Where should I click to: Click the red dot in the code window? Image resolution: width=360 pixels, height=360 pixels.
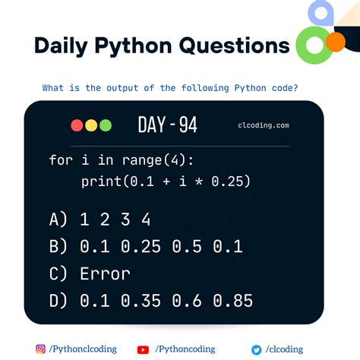pyautogui.click(x=77, y=125)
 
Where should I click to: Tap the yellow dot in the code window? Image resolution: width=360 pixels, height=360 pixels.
pyautogui.click(x=91, y=125)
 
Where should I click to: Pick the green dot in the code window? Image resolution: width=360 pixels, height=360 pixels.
pyautogui.click(x=105, y=125)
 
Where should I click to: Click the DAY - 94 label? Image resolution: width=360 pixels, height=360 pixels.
pyautogui.click(x=167, y=125)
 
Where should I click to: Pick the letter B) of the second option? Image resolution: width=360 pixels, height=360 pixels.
pyautogui.click(x=59, y=247)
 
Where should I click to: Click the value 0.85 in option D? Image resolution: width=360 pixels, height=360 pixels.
pyautogui.click(x=233, y=301)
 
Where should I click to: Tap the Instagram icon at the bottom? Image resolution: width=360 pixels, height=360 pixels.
pyautogui.click(x=40, y=349)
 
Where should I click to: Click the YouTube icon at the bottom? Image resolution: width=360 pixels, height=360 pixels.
pyautogui.click(x=143, y=349)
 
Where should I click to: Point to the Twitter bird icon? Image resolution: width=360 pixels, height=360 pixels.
pyautogui.click(x=257, y=349)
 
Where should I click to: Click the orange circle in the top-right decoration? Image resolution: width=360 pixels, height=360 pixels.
pyautogui.click(x=334, y=42)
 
